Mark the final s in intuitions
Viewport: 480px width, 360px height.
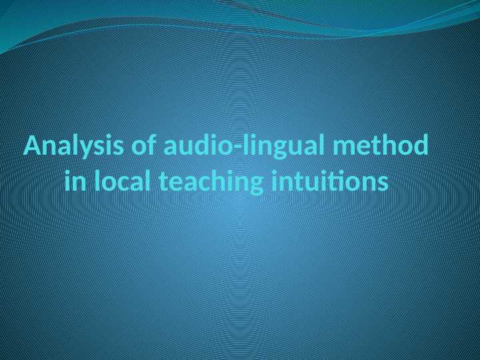(382, 181)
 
